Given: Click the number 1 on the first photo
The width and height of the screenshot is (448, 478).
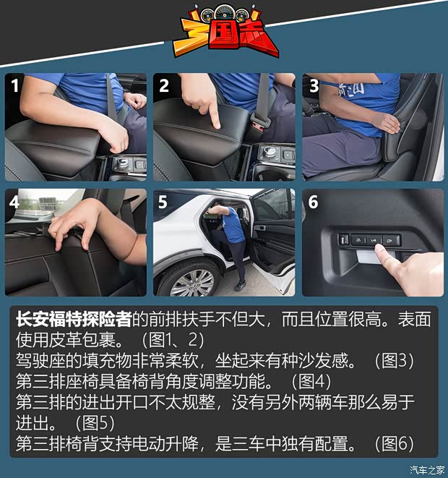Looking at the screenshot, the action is coord(15,85).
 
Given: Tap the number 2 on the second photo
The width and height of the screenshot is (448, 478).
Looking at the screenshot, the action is coord(164,85).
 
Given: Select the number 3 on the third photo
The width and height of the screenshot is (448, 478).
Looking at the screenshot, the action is coord(314,85).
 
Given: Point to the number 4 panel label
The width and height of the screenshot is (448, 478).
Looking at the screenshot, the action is coord(14,202).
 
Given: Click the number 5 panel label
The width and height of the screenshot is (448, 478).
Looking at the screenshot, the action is coord(163,202).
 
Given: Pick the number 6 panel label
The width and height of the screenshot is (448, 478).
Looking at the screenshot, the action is coord(313,202).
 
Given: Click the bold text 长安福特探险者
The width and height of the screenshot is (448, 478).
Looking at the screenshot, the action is coord(74,319).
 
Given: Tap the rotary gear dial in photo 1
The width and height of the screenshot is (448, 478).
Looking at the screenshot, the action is coord(121,161).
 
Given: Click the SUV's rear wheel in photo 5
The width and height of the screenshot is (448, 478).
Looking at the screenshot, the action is coord(190,280).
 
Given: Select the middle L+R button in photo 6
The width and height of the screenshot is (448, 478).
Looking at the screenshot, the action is coord(374,240).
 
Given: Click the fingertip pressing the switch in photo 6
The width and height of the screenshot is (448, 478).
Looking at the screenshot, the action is coord(380,249).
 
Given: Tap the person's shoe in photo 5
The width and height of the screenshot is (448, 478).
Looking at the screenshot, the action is coord(240,286).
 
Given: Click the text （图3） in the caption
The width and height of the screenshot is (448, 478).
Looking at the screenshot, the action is coord(394,360).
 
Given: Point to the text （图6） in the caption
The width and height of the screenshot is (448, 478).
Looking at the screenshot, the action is coord(394,443).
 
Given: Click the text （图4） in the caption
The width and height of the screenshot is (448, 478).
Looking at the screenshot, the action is coord(311,381).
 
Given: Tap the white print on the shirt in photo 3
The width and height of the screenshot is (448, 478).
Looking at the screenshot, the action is coord(351,89).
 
